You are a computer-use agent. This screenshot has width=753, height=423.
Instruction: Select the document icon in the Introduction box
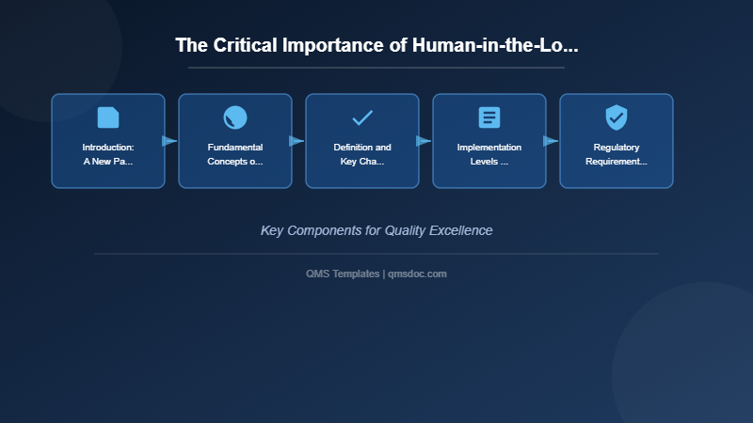(108, 117)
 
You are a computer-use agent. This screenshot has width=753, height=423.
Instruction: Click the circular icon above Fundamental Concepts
(235, 117)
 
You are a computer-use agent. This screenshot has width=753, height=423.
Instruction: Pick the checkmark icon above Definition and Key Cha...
(362, 117)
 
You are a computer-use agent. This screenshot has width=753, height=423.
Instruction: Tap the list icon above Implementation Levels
(489, 117)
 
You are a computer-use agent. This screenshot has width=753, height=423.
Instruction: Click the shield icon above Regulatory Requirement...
(617, 117)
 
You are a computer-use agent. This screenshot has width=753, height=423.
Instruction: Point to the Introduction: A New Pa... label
(108, 154)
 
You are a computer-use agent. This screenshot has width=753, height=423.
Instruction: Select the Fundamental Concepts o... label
(235, 154)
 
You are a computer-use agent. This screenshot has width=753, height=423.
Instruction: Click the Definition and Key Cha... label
(362, 154)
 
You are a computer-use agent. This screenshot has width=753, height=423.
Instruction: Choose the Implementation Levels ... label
(489, 154)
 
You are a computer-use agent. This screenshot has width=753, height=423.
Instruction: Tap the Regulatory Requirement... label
(617, 154)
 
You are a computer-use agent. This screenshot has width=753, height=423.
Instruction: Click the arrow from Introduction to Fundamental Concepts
(169, 141)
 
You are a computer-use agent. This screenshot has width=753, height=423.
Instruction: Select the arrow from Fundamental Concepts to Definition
(296, 141)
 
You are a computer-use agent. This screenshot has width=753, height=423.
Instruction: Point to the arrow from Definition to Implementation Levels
(424, 141)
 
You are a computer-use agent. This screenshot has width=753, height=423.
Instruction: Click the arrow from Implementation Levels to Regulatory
(551, 141)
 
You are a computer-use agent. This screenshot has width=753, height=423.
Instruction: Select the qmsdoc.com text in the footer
(417, 274)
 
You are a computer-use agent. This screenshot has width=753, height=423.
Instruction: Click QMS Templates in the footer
(343, 274)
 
